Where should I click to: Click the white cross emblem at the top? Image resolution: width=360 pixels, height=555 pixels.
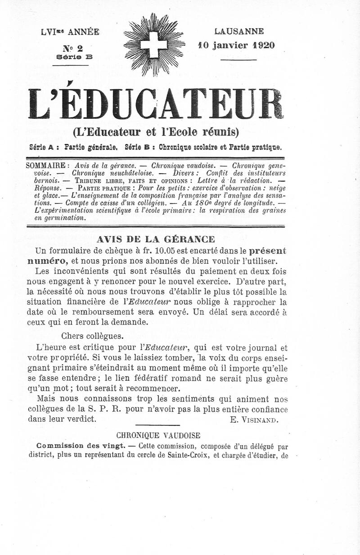click(154, 45)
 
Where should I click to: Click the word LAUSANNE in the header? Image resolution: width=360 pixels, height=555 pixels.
click(239, 32)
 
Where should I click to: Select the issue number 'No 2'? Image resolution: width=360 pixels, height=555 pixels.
click(73, 48)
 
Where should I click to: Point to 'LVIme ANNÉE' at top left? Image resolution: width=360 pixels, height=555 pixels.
click(70, 32)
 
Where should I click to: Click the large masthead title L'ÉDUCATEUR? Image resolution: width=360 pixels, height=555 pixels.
click(156, 104)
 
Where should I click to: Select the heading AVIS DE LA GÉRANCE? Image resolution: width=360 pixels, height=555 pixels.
click(156, 239)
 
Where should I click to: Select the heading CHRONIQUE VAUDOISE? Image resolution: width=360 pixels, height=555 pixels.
click(158, 435)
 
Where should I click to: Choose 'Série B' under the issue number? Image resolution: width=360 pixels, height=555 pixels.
click(74, 57)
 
